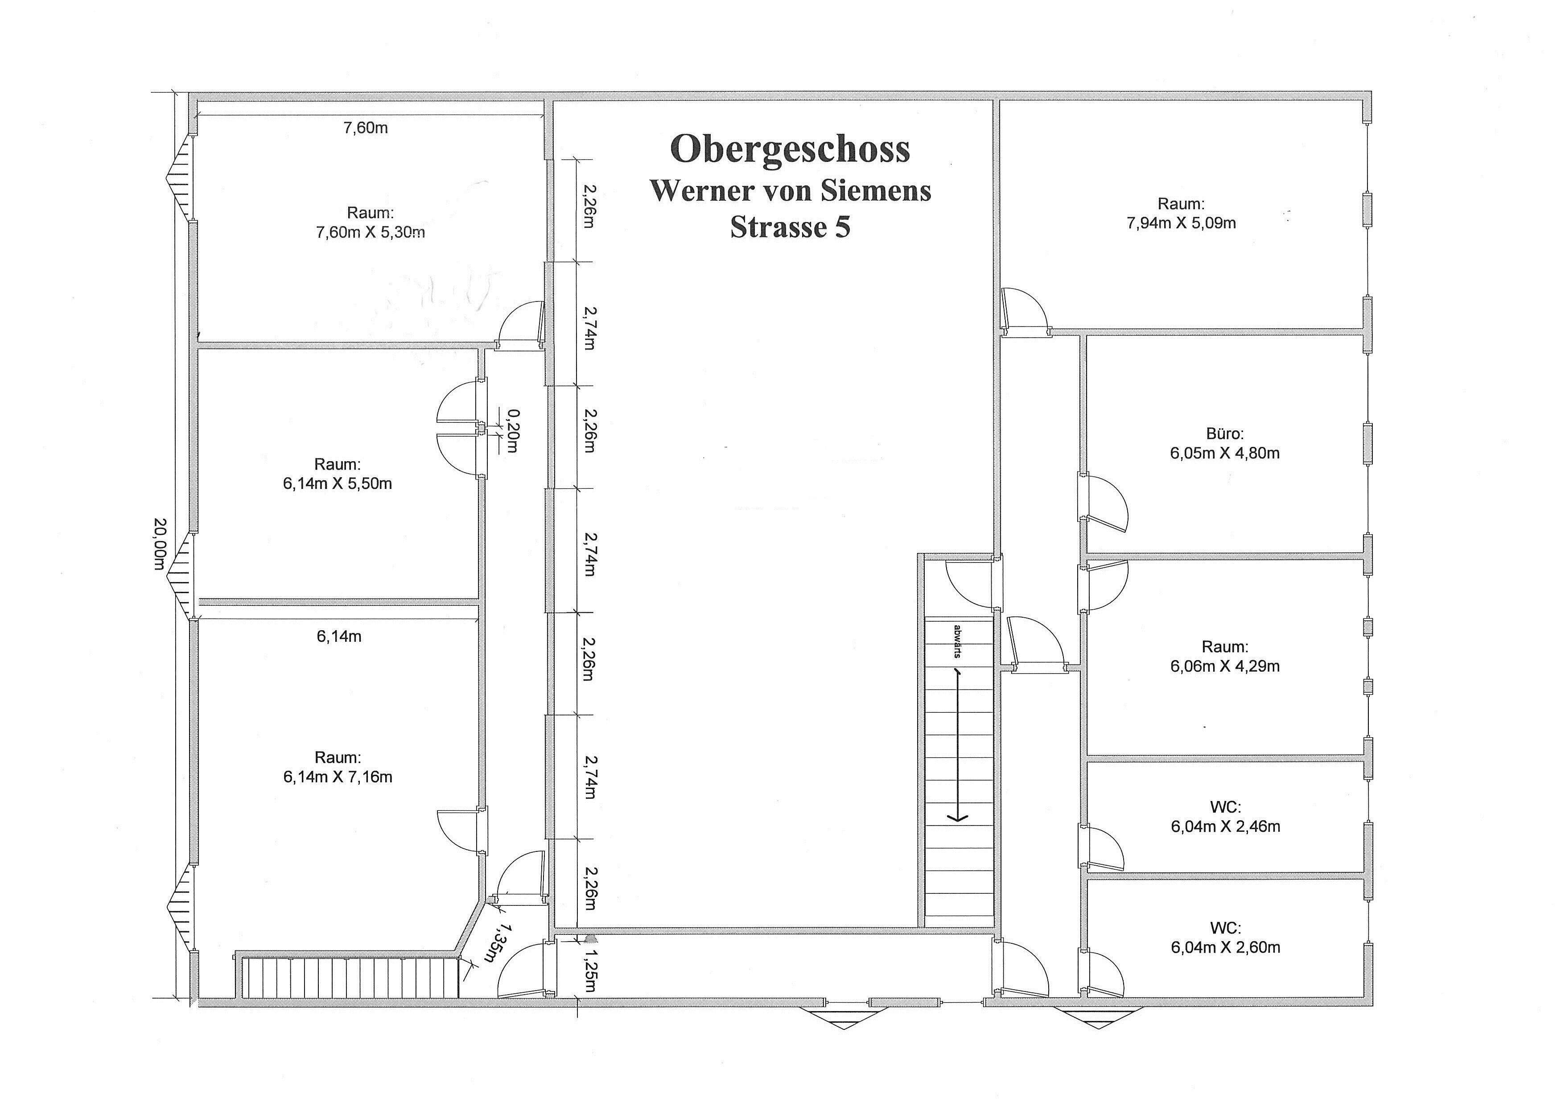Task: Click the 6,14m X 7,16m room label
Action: [x=338, y=767]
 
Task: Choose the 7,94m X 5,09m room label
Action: [x=1181, y=213]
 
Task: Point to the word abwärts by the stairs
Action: [x=958, y=641]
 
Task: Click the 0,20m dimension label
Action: [x=513, y=430]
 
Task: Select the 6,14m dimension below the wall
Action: [x=339, y=636]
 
